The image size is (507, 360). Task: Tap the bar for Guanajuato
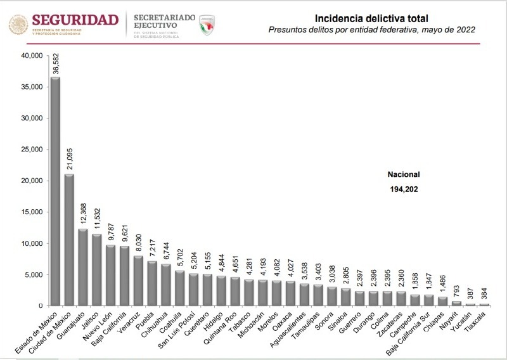(x=83, y=267)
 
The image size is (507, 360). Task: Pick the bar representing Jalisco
(x=97, y=269)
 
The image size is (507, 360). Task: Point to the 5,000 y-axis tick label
(x=33, y=274)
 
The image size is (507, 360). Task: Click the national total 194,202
(x=404, y=189)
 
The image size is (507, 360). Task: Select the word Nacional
(x=404, y=174)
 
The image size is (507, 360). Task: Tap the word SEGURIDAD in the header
(x=75, y=19)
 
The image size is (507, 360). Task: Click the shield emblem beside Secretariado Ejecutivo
(x=207, y=25)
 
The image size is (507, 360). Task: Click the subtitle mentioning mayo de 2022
(x=371, y=30)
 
